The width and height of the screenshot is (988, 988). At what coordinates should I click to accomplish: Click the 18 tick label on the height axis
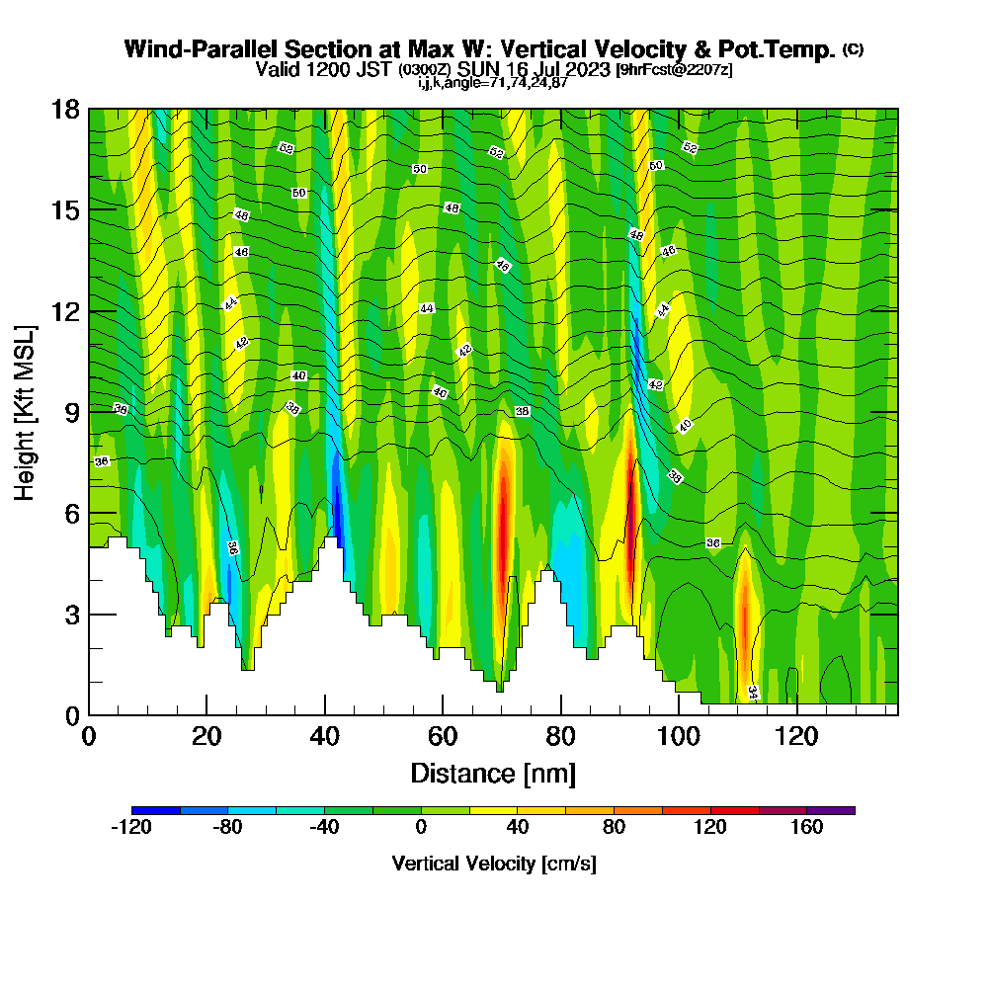[x=66, y=109]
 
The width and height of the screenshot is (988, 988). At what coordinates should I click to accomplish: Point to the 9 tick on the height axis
[x=66, y=411]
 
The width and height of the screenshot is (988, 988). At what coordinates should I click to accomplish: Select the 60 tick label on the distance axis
[x=443, y=736]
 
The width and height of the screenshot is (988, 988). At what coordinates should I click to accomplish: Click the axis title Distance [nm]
[x=493, y=773]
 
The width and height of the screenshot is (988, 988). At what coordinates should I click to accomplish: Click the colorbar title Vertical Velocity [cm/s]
[x=493, y=864]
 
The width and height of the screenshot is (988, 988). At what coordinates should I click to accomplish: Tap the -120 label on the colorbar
[x=131, y=828]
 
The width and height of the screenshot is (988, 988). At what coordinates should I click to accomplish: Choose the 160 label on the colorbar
[x=807, y=828]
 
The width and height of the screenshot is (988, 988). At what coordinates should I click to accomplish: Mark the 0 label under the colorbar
[x=421, y=828]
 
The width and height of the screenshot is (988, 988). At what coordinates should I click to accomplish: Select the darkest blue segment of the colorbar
[x=155, y=810]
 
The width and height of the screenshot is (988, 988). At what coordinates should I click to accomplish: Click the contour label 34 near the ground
[x=752, y=692]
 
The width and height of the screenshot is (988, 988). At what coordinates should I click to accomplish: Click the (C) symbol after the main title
[x=853, y=49]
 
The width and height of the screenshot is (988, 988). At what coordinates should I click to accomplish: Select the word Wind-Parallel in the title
[x=188, y=49]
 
